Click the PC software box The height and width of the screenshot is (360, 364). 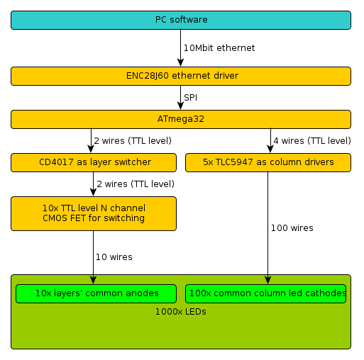[x=181, y=20]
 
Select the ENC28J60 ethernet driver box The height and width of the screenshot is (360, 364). [x=181, y=76]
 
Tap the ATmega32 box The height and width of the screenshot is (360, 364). [x=181, y=119]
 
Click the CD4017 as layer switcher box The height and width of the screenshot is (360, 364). [x=94, y=162]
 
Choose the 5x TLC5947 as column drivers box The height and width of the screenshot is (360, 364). [x=268, y=162]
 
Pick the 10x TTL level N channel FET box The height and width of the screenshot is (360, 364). [x=94, y=213]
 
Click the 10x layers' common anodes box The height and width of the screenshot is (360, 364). [x=96, y=293]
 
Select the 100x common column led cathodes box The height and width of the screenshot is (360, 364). [x=266, y=293]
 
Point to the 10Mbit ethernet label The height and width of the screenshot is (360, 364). [x=219, y=48]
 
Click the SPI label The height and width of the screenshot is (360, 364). [x=191, y=98]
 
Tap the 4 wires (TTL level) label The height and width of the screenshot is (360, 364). [x=312, y=141]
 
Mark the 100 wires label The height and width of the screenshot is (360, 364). [x=292, y=228]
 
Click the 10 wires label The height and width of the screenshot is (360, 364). [x=114, y=257]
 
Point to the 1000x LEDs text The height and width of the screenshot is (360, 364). [x=181, y=312]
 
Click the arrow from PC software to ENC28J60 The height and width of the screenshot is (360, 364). [x=181, y=48]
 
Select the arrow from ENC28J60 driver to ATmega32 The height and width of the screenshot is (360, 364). [x=181, y=98]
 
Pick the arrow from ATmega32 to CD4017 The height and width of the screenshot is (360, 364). [x=91, y=141]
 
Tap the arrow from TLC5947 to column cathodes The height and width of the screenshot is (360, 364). [x=268, y=228]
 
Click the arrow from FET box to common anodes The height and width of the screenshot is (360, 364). [x=94, y=257]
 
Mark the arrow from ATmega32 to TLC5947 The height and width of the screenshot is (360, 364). [x=270, y=141]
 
